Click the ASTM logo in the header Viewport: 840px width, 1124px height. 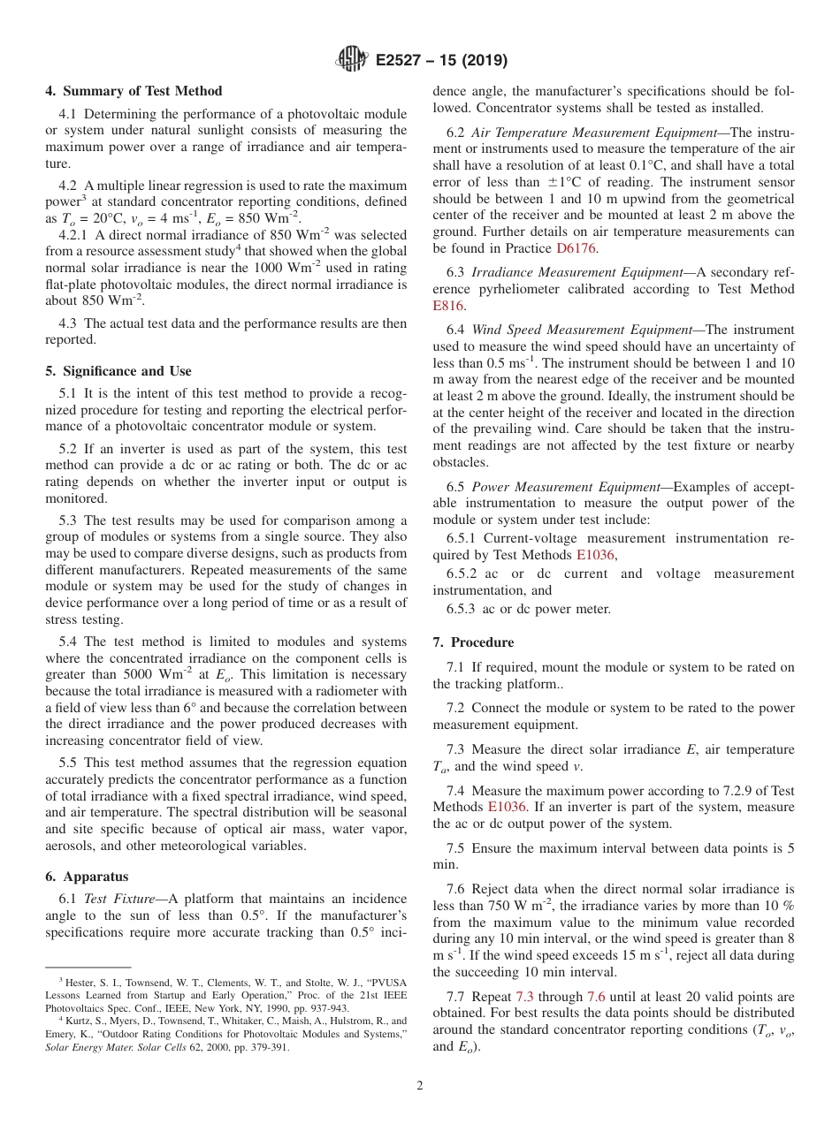point(353,60)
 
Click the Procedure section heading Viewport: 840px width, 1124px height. point(482,642)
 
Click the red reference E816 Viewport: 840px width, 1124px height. point(447,306)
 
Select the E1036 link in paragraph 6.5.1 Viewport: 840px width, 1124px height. point(595,555)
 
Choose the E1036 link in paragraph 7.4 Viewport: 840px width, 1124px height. point(507,807)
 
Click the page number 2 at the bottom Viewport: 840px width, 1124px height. point(420,1085)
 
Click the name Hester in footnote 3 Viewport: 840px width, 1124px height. point(79,981)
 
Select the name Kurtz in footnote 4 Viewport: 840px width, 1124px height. point(78,1021)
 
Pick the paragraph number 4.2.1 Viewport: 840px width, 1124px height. point(73,235)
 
